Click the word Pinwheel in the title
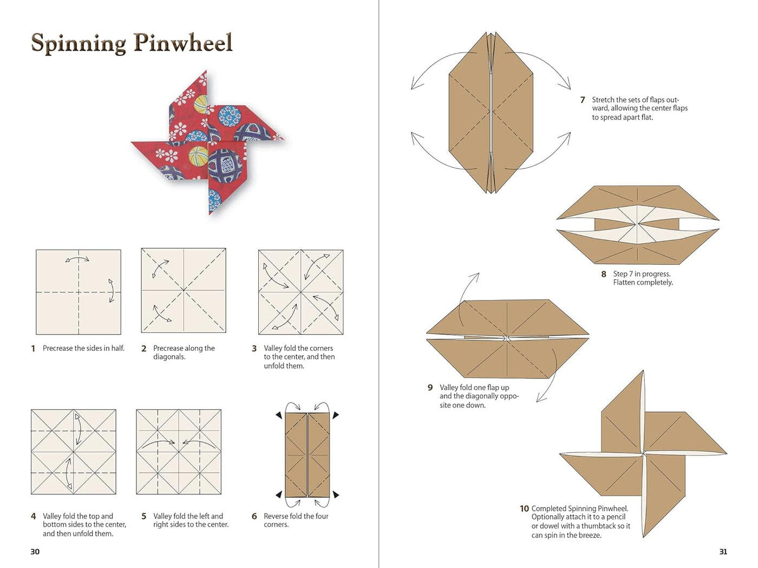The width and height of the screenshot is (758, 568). [183, 43]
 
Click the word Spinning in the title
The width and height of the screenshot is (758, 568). [79, 44]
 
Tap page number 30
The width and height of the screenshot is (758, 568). [35, 551]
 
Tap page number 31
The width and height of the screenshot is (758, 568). [723, 551]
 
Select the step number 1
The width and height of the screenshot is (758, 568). [33, 349]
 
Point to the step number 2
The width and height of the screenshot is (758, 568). [143, 349]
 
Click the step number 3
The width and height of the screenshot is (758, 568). [254, 349]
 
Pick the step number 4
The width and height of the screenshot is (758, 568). [33, 516]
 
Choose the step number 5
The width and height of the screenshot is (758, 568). [143, 516]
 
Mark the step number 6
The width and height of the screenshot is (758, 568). [254, 516]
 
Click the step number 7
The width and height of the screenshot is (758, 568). [583, 100]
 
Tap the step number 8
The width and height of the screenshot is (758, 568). [604, 274]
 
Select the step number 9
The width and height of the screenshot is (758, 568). [430, 387]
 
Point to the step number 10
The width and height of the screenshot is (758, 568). [524, 508]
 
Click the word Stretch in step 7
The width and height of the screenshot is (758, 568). [603, 100]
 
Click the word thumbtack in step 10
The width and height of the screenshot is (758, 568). [598, 526]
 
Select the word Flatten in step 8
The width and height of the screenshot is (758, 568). [624, 283]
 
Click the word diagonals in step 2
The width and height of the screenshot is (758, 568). [169, 357]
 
